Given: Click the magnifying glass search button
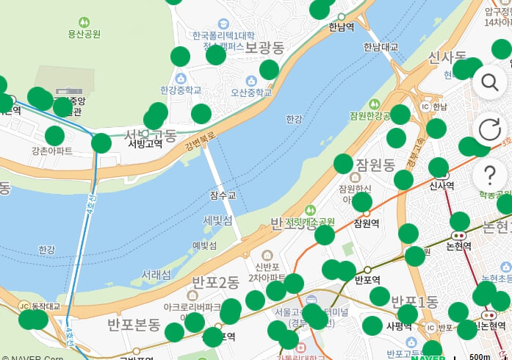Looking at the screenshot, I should tap(489, 82).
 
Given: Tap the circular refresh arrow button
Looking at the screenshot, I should tap(489, 130).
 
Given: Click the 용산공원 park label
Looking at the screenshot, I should tap(84, 34).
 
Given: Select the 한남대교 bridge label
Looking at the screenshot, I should tap(381, 47).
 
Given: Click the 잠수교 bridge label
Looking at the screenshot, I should tap(223, 195).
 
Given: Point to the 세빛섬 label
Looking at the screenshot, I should tap(217, 220).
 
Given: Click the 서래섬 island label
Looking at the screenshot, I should tap(156, 275).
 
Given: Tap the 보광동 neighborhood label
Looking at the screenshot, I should tap(264, 48).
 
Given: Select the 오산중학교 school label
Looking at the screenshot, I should tap(252, 93).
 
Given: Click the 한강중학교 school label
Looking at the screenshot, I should tap(181, 90).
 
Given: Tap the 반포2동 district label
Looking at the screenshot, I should tap(215, 282).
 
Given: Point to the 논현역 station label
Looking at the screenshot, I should tap(458, 245).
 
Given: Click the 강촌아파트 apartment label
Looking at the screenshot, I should tap(51, 151).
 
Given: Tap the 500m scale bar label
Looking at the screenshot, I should tap(479, 356).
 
